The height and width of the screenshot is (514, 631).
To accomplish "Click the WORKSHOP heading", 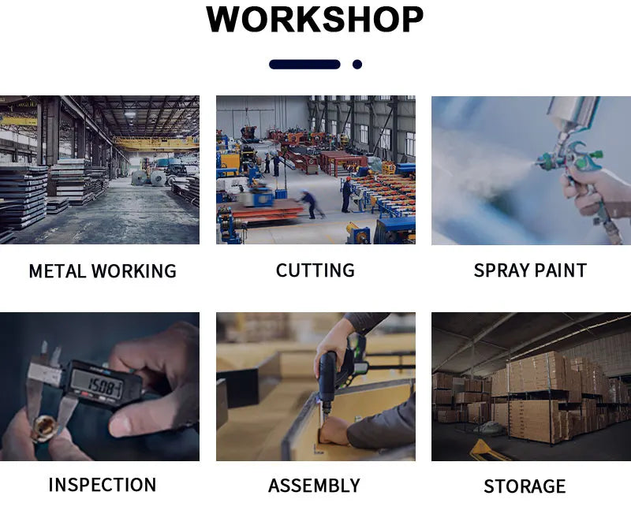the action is click(314, 19).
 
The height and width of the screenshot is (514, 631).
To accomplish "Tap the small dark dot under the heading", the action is click(357, 65).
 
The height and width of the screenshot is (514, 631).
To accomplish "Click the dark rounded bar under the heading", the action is click(304, 65).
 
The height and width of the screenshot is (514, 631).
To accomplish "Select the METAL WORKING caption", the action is click(103, 270).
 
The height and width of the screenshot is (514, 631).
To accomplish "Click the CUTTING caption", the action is click(315, 270).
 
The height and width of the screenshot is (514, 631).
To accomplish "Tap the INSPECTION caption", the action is click(103, 485).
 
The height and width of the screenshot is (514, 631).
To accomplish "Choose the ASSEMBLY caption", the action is click(314, 486).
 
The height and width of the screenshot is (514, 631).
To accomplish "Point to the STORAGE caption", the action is click(525, 486).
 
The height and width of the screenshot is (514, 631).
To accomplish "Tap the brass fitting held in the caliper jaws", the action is click(43, 428).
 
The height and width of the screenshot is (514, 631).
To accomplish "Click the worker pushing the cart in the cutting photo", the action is click(311, 203).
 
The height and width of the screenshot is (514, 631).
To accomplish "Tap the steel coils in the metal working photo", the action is click(149, 177).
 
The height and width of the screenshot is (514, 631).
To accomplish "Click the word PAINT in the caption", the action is click(562, 270).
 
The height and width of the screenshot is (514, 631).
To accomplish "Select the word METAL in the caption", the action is click(57, 270).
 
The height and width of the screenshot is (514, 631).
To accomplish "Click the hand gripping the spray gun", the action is click(596, 193).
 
